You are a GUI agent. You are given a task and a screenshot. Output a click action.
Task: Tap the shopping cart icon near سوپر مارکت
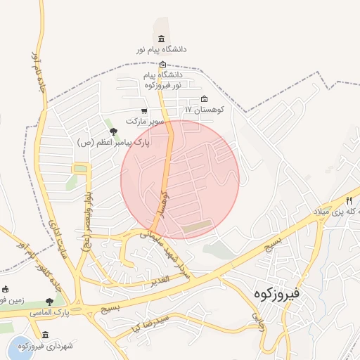pyautogui.click(x=144, y=111)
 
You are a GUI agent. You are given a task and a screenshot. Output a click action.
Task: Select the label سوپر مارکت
pyautogui.click(x=145, y=122)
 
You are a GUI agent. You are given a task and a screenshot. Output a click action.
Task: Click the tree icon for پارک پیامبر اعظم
pyautogui.click(x=113, y=131)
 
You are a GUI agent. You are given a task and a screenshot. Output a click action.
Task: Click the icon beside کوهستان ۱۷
pyautogui.click(x=205, y=99)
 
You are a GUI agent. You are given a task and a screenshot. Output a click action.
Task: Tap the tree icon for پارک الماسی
pyautogui.click(x=49, y=302)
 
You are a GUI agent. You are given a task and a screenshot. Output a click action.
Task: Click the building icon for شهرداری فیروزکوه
pyautogui.click(x=46, y=335)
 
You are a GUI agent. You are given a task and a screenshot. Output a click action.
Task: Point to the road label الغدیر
pyautogui.click(x=160, y=280)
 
